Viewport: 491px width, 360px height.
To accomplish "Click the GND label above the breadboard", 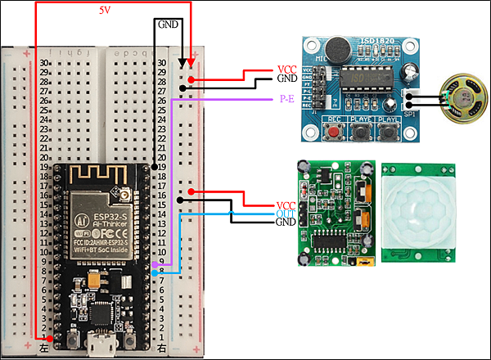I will (168, 25).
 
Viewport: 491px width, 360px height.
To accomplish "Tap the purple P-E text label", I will (286, 99).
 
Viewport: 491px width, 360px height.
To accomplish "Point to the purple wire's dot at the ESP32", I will (155, 265).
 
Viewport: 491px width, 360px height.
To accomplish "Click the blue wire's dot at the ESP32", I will (155, 273).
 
